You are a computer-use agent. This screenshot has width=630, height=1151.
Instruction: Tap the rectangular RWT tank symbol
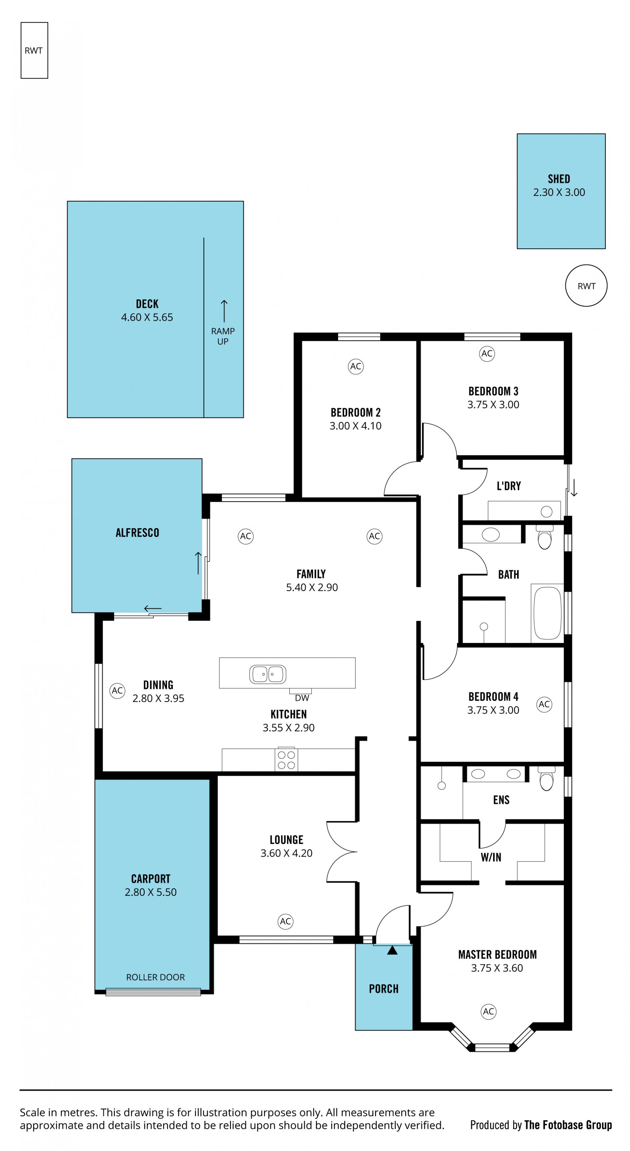pos(34,51)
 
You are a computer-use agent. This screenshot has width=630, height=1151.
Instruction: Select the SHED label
pos(558,179)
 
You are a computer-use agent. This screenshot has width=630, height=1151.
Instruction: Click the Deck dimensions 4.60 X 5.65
pos(147,317)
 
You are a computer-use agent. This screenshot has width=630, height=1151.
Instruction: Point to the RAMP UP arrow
pos(224,311)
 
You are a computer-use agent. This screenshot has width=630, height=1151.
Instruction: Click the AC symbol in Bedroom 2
pos(356,366)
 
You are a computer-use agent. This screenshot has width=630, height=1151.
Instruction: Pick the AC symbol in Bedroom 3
pos(487,353)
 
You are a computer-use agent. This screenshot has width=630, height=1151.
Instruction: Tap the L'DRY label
pos(509,486)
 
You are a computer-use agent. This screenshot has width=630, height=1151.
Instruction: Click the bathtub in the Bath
pos(547,612)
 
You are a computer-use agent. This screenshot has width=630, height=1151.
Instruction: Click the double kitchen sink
pos(268,674)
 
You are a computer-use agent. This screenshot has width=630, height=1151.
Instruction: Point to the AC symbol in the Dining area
pos(117,690)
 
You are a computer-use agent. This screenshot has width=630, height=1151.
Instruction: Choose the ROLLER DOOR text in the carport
pos(156,977)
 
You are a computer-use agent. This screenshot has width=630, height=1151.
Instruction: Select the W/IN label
pos(491,857)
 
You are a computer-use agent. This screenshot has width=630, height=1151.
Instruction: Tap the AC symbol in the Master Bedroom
pos(488,1011)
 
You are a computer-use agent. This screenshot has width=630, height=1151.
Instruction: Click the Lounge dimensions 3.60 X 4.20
pos(286,853)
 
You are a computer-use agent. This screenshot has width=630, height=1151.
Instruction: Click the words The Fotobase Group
pos(568,1125)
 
